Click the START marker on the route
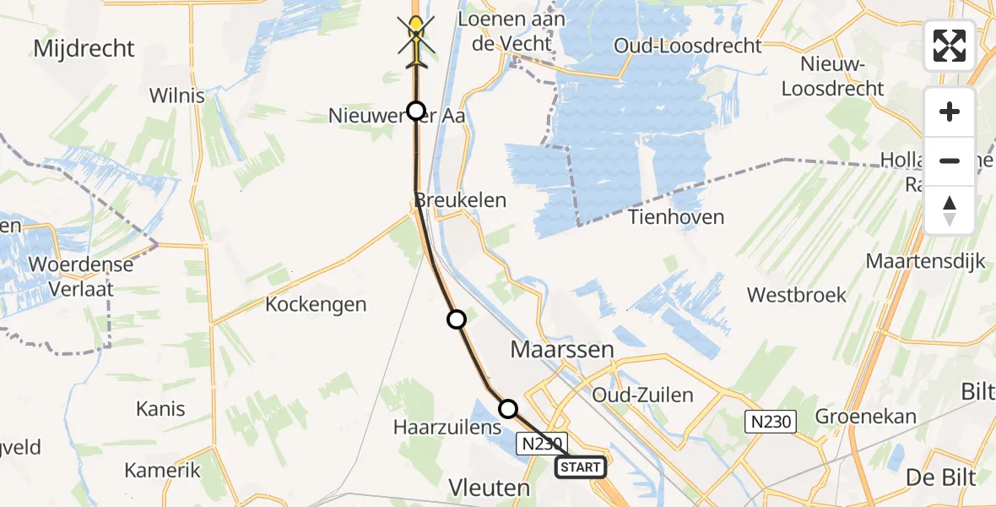click(x=581, y=466)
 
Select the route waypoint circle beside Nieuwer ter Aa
click(x=416, y=111)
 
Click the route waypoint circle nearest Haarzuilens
click(x=508, y=409)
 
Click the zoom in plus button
click(x=950, y=112)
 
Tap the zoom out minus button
click(x=950, y=161)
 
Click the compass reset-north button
click(x=950, y=210)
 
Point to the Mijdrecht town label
click(x=84, y=48)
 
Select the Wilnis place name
click(x=176, y=95)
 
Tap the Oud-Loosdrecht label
click(x=689, y=46)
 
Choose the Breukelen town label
click(x=460, y=200)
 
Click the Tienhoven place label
click(x=676, y=217)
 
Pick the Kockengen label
click(x=316, y=304)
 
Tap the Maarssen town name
click(x=561, y=349)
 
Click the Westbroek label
click(x=797, y=295)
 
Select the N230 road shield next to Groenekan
click(x=771, y=421)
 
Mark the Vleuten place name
click(x=490, y=488)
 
